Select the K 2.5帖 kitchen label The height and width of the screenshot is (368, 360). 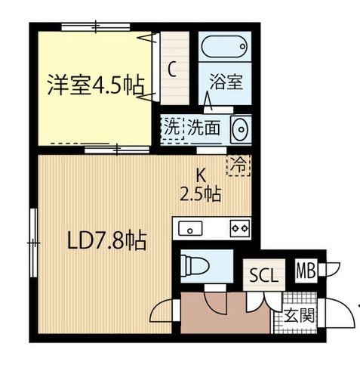point(200,186)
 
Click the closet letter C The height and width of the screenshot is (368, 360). point(172,70)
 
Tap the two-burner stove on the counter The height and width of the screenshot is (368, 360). point(239,227)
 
